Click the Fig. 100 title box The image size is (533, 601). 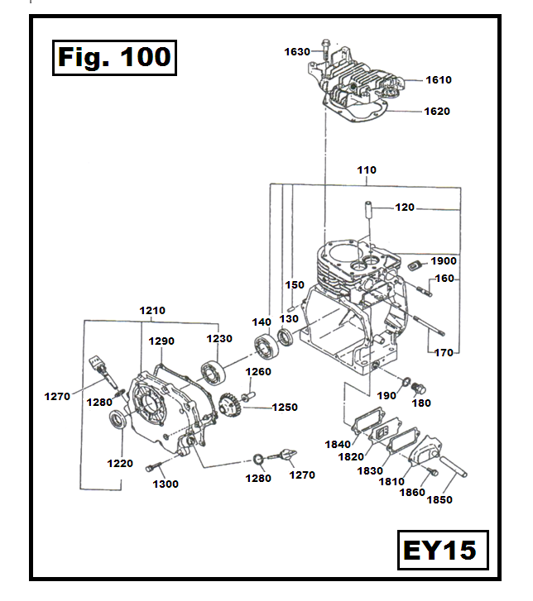click(x=114, y=57)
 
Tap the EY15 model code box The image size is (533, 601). click(x=439, y=550)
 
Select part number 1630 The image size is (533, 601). click(x=296, y=51)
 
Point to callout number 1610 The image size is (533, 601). click(x=439, y=80)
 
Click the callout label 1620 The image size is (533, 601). click(x=436, y=111)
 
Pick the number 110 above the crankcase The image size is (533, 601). click(x=367, y=170)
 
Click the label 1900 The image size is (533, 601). click(x=444, y=261)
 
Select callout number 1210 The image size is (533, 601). click(x=151, y=311)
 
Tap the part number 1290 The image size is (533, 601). click(x=161, y=341)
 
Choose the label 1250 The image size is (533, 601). click(x=284, y=408)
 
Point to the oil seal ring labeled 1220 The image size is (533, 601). click(x=118, y=421)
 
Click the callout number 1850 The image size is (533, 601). click(x=439, y=499)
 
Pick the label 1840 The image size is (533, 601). click(x=337, y=444)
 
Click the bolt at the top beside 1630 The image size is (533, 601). click(x=328, y=46)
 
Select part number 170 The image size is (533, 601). click(x=444, y=353)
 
